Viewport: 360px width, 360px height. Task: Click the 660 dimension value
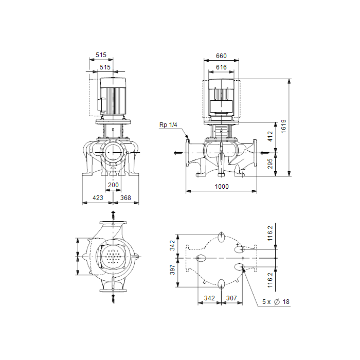tap(221, 56)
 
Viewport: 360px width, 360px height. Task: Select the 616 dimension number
tap(221, 67)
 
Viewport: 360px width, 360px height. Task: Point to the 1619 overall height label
tap(283, 127)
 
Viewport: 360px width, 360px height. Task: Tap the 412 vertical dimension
tap(270, 136)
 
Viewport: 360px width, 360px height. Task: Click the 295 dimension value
tap(270, 164)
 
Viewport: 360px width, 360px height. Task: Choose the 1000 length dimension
tap(222, 186)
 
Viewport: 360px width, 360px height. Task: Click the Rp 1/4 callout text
tap(168, 125)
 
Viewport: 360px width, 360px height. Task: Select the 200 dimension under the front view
tap(113, 185)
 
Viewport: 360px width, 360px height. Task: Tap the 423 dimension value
tap(98, 197)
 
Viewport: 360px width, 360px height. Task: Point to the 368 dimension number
tap(125, 197)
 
